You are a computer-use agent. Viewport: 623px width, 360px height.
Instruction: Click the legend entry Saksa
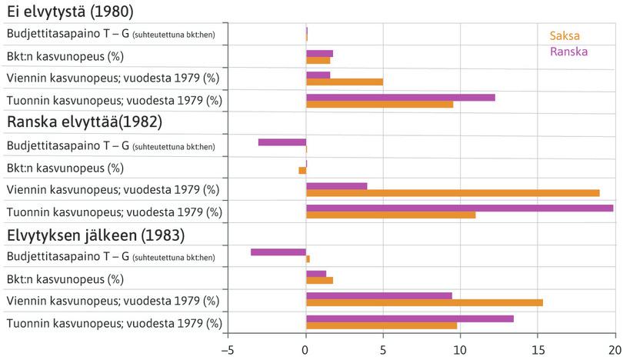pos(564,36)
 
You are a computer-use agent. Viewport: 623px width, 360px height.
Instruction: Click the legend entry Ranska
pos(568,52)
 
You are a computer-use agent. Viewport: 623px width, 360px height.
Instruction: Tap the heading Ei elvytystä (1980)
pos(70,12)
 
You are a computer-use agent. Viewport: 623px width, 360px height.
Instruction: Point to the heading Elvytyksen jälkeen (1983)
pos(96,234)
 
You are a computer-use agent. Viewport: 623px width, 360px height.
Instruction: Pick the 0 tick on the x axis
pos(306,350)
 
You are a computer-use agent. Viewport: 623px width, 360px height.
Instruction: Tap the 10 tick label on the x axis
pos(460,350)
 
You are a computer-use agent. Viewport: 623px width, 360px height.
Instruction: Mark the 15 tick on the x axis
pos(538,350)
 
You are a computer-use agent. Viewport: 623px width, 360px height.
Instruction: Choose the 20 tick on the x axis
pos(615,350)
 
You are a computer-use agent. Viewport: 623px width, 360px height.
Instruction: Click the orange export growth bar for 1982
pos(452,193)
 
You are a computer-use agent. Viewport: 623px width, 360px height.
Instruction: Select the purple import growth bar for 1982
pos(459,208)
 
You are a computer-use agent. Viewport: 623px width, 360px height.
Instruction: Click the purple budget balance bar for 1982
pos(282,142)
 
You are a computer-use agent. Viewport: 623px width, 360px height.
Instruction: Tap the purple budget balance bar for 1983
pos(278,252)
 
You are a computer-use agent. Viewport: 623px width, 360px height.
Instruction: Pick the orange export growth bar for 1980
pos(345,82)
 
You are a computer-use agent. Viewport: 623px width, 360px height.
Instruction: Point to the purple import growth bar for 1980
pos(400,97)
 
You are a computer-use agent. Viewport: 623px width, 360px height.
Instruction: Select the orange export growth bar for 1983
pos(425,302)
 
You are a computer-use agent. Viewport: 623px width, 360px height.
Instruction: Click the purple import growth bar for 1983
pos(409,318)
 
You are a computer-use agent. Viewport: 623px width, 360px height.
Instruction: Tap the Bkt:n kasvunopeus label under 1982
pos(65,168)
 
